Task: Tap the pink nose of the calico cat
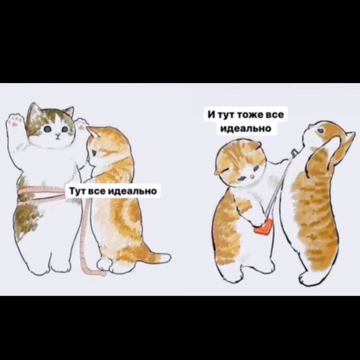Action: coord(58,134)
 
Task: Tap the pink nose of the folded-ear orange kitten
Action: coord(252,177)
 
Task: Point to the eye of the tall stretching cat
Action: coord(321,131)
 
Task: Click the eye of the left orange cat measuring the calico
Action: coord(94,152)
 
